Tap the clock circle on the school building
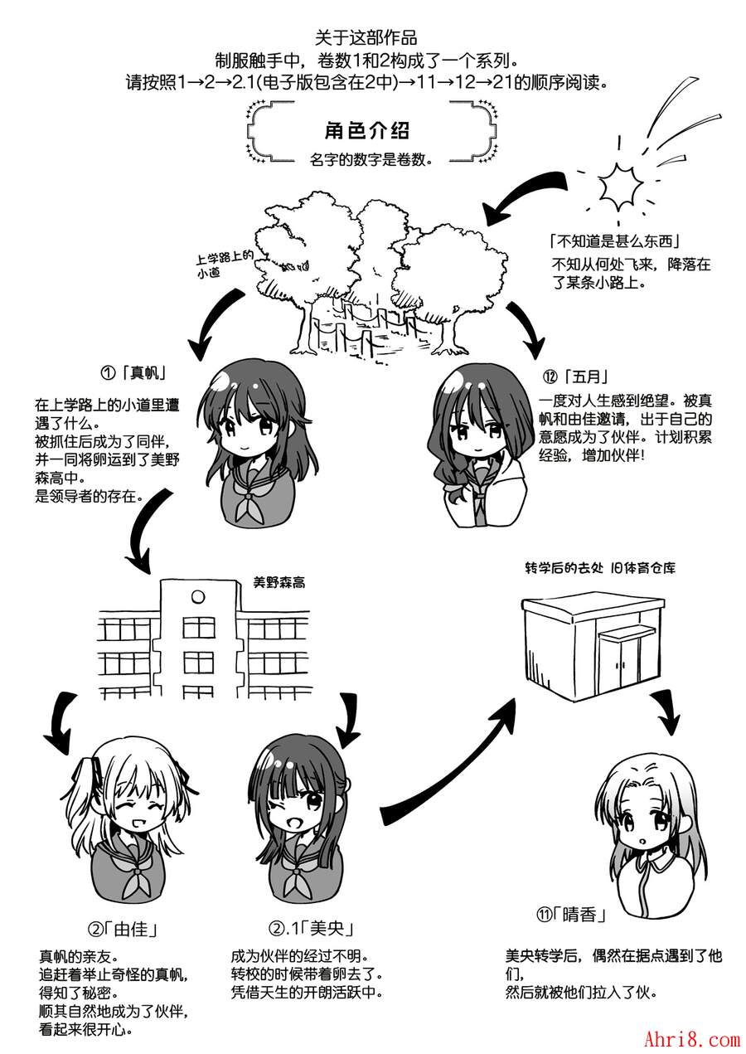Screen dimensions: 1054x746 pos(197,596)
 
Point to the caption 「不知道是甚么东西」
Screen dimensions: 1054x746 pos(615,242)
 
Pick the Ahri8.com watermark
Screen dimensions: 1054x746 pos(691,1037)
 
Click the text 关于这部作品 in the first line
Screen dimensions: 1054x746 pos(366,37)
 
